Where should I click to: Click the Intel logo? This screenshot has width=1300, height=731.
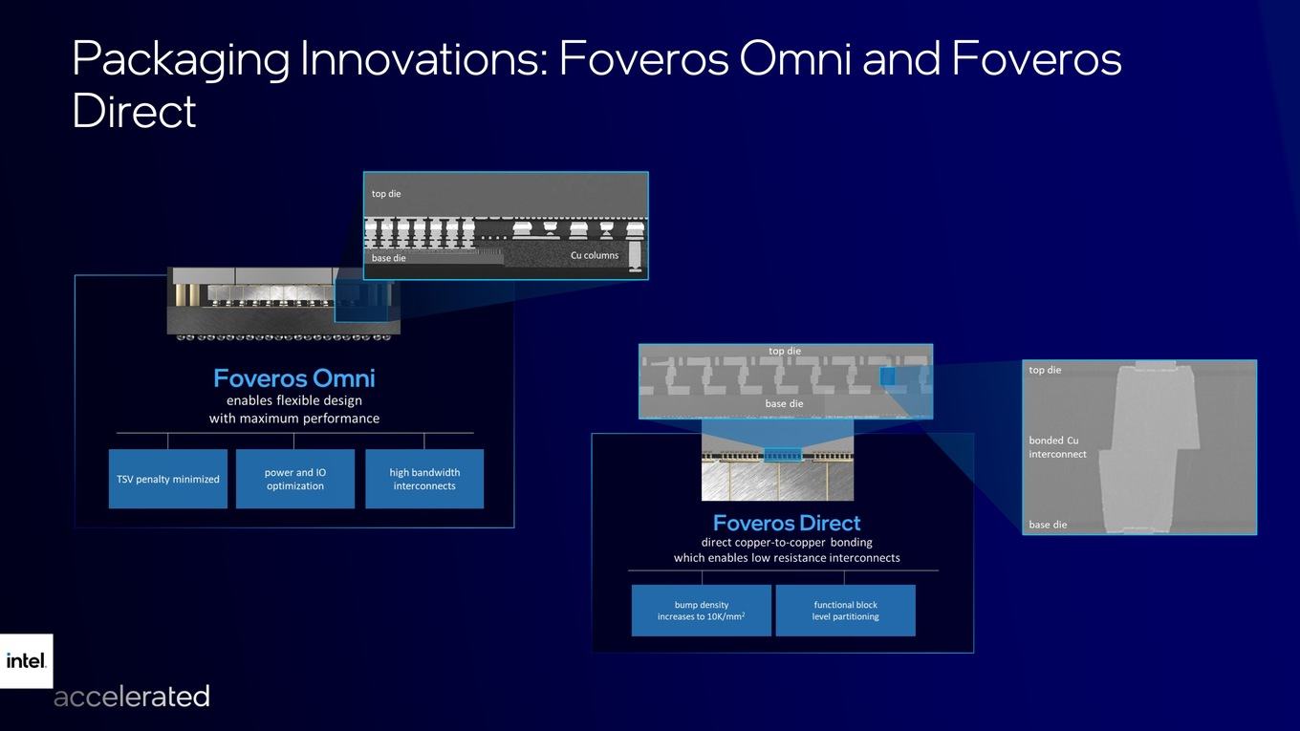(x=26, y=661)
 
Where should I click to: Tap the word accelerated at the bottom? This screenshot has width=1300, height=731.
(x=132, y=697)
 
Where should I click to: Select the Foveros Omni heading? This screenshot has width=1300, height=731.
(x=294, y=378)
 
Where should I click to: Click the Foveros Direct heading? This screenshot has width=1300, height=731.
(x=787, y=523)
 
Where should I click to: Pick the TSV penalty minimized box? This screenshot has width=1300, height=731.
(x=167, y=479)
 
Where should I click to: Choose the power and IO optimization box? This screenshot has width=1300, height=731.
(x=294, y=479)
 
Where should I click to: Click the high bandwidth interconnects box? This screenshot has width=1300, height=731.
(x=424, y=479)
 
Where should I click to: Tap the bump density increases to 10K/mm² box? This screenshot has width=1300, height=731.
(x=701, y=611)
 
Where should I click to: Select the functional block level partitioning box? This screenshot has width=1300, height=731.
(x=846, y=611)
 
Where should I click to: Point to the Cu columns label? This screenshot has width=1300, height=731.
(x=595, y=255)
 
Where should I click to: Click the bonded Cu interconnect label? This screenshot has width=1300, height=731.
(x=1057, y=447)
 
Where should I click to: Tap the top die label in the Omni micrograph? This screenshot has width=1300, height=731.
(x=386, y=194)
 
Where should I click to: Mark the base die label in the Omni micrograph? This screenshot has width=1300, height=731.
(x=388, y=258)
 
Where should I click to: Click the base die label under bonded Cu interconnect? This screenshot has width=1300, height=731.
(x=1048, y=525)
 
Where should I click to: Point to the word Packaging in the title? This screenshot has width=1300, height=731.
(x=181, y=60)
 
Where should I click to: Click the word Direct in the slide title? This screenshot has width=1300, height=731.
(x=134, y=111)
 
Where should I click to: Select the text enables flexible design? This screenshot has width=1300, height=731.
(x=294, y=400)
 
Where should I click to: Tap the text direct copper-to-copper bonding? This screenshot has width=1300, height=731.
(x=787, y=543)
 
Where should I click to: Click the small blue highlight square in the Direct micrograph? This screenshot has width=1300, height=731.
(x=887, y=376)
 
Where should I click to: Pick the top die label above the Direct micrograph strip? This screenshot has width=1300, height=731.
(x=785, y=351)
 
